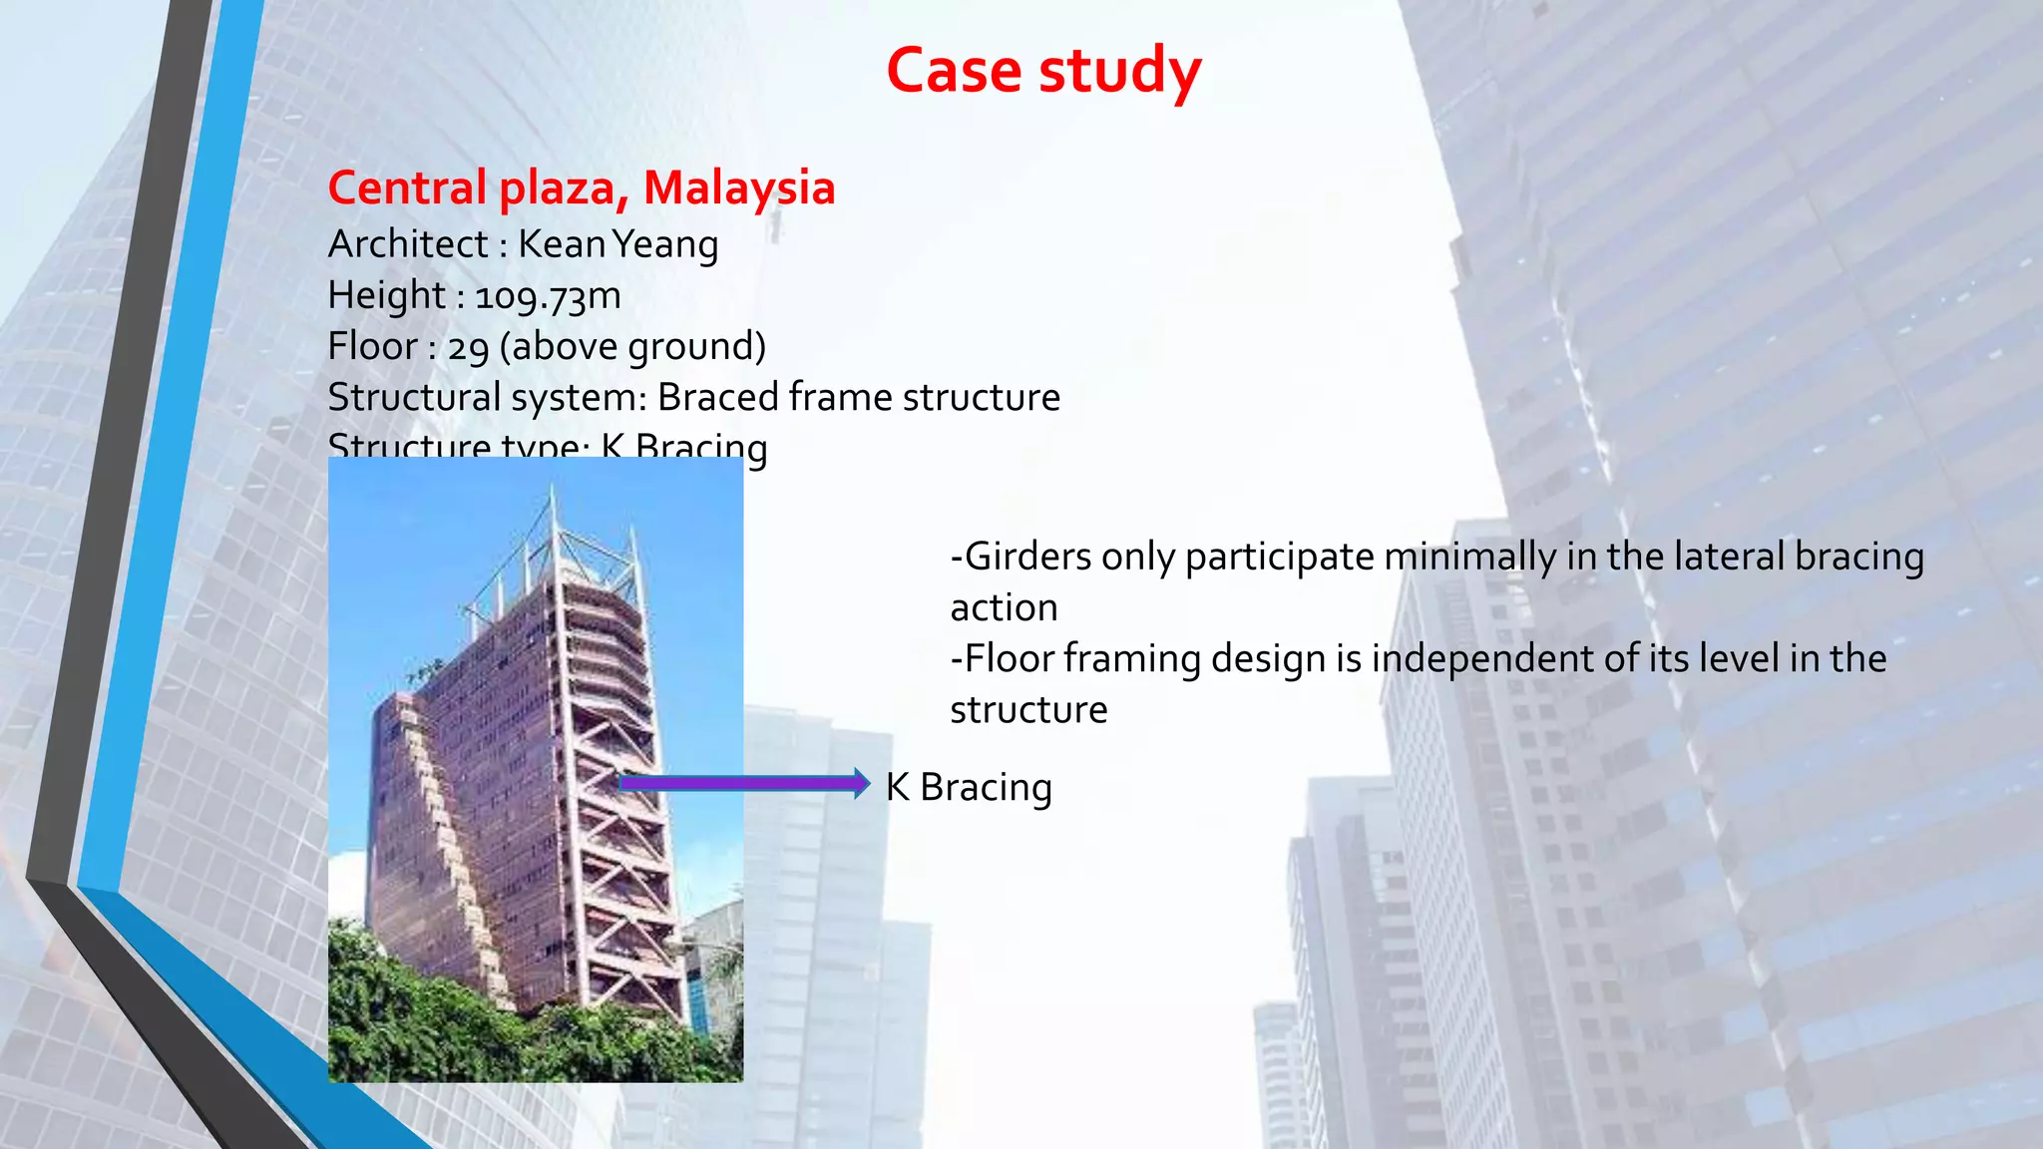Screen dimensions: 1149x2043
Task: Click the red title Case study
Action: tap(1043, 71)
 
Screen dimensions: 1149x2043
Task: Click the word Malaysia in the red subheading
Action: tap(739, 188)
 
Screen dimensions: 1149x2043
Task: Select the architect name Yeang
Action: tap(665, 244)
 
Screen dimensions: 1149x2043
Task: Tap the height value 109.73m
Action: tap(548, 296)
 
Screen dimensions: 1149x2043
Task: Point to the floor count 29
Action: tap(468, 347)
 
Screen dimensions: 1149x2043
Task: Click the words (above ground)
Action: tap(632, 347)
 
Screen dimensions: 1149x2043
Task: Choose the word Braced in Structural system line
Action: tap(717, 397)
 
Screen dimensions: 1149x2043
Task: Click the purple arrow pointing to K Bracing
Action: tap(743, 784)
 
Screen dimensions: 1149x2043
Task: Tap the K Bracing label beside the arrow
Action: tap(969, 787)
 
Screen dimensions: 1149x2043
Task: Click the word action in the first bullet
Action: tap(1004, 607)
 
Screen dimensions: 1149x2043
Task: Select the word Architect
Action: tap(408, 244)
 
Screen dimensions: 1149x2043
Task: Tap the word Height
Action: tap(386, 296)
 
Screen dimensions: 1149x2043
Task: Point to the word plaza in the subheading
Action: tap(562, 190)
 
